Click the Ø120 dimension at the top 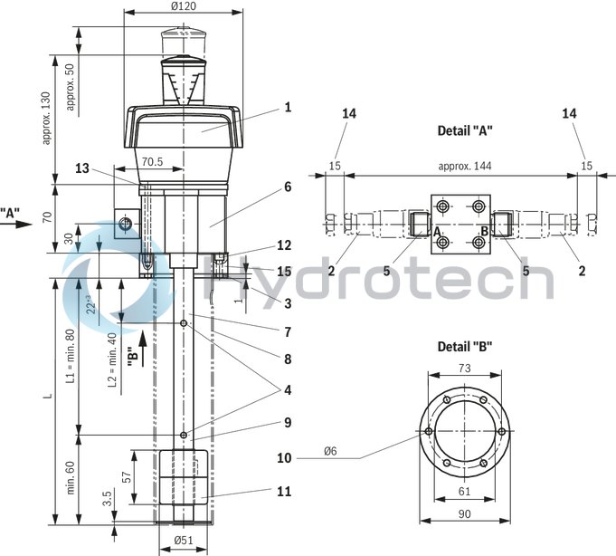pyautogui.click(x=183, y=6)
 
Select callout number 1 pyautogui.click(x=287, y=108)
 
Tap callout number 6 pyautogui.click(x=287, y=187)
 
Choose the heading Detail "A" pyautogui.click(x=465, y=130)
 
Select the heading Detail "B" pyautogui.click(x=465, y=347)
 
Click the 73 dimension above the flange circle pyautogui.click(x=465, y=369)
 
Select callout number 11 pyautogui.click(x=285, y=492)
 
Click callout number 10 pyautogui.click(x=285, y=458)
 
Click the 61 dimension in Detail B pyautogui.click(x=465, y=492)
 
